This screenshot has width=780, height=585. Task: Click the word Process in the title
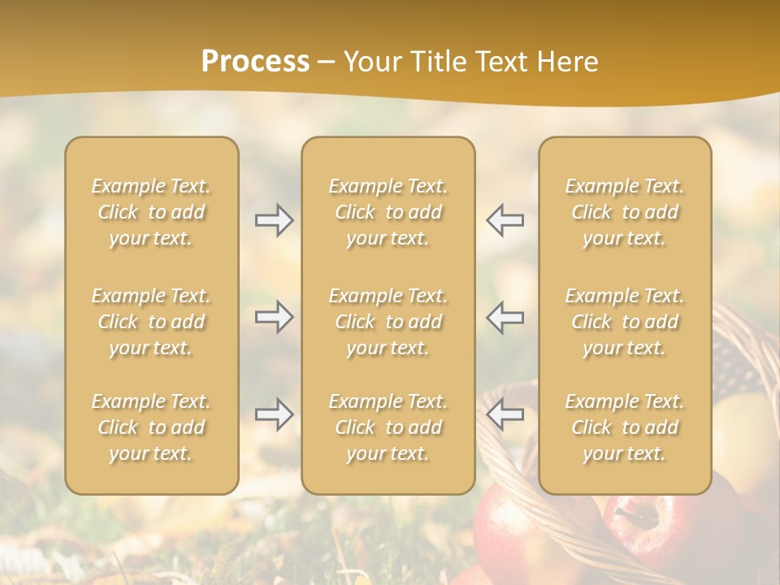click(255, 62)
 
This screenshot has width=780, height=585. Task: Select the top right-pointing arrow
click(274, 220)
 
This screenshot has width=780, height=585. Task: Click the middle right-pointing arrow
click(274, 317)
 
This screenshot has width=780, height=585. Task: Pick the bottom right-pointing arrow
click(274, 414)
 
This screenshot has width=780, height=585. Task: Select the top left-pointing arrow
click(505, 220)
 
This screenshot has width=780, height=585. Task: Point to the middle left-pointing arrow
click(505, 317)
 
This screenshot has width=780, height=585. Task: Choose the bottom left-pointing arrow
click(505, 414)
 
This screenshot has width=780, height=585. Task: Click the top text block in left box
click(151, 212)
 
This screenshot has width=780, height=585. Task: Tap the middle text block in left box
click(151, 322)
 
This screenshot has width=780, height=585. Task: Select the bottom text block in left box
click(151, 427)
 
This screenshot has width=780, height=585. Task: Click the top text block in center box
click(388, 212)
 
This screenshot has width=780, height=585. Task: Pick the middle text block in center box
click(388, 322)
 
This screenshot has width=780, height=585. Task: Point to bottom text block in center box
click(388, 427)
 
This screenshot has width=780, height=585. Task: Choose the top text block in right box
click(625, 212)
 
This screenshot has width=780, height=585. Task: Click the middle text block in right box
click(625, 322)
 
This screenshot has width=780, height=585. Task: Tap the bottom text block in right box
click(625, 427)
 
